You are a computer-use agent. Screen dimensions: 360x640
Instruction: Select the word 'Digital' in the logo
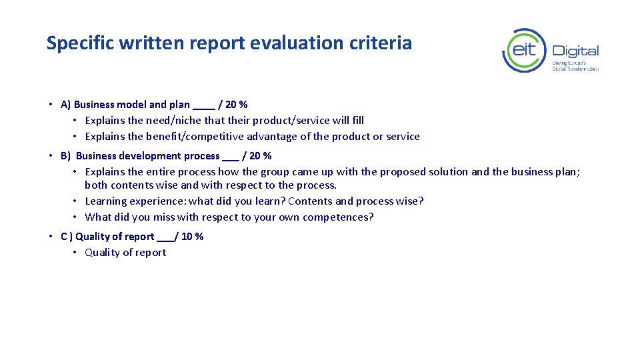[575, 51]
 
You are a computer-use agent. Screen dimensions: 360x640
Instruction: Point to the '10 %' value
[193, 237]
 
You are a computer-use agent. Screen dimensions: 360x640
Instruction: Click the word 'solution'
[449, 172]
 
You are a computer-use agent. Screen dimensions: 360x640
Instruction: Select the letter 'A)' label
[65, 105]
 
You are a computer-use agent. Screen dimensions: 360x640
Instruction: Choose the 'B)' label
[65, 156]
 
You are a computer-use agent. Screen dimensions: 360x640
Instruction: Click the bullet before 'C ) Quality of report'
[51, 237]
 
